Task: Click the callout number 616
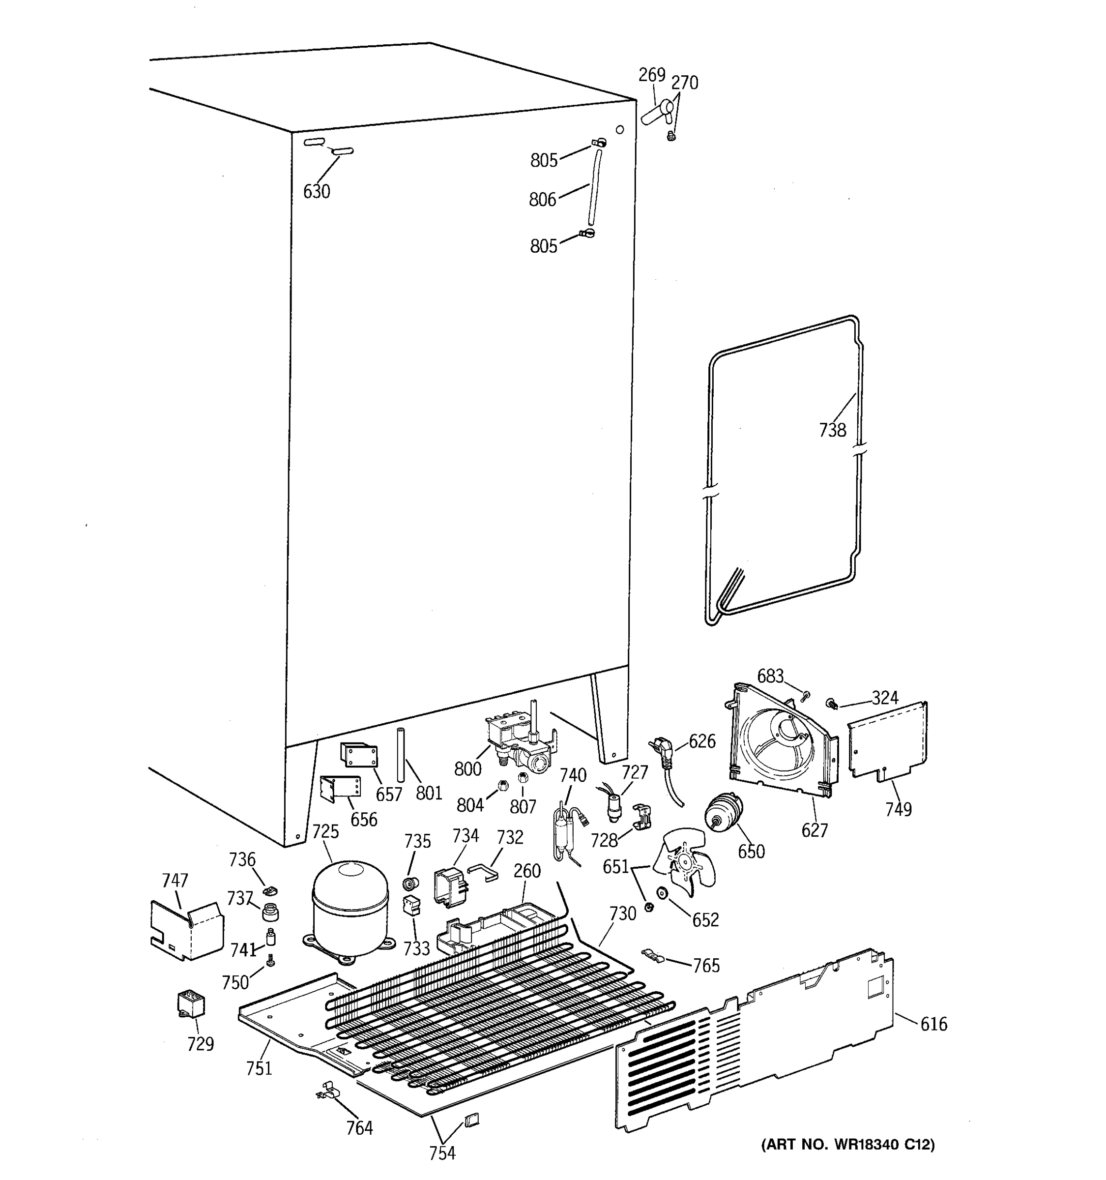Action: coord(934,1024)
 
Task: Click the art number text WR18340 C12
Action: coord(848,1145)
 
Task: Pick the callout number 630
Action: coord(316,192)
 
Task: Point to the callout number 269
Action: coord(651,75)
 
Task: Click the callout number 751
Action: coord(259,1068)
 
